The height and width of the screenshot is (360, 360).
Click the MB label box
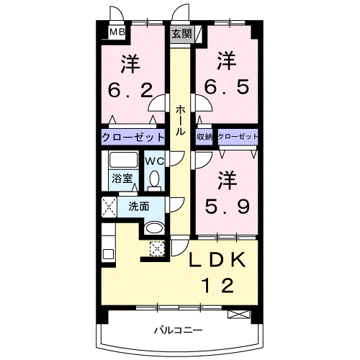[115, 32]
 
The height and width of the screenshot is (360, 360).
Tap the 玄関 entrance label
[181, 33]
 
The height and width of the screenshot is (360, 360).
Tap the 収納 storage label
[204, 137]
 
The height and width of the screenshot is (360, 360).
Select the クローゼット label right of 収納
[237, 137]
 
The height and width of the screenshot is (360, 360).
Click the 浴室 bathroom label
[120, 179]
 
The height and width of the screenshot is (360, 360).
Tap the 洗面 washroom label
[139, 206]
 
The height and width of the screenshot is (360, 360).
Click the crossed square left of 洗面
[110, 207]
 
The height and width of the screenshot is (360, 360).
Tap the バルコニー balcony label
[177, 331]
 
